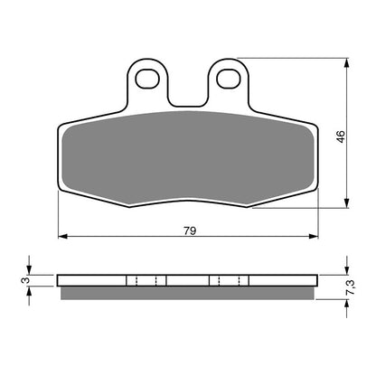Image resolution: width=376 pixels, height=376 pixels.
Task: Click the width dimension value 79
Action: point(189,230)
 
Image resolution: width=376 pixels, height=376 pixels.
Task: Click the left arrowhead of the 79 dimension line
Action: point(61,239)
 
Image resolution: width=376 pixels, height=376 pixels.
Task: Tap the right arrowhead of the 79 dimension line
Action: point(316,239)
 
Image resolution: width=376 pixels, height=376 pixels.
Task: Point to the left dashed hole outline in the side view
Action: point(146,280)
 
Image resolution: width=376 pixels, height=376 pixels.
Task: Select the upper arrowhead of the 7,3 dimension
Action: point(348,270)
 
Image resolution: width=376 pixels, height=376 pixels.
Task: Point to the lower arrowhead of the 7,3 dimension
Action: point(348,304)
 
